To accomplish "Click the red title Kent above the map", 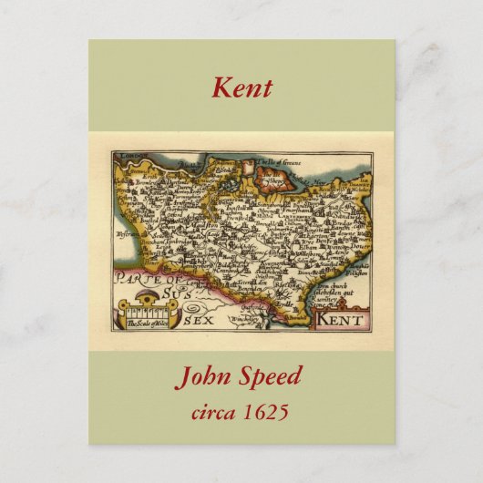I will [x=241, y=88].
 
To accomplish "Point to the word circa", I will [x=215, y=412].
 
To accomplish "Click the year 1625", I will [x=268, y=412].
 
